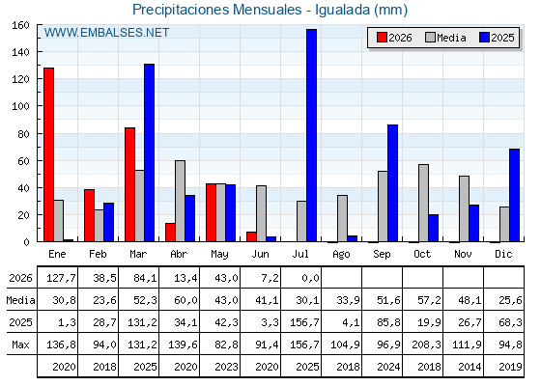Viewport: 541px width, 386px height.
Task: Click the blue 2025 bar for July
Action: [311, 135]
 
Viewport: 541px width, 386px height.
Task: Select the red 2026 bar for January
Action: [48, 154]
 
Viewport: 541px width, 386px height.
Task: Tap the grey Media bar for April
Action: [180, 201]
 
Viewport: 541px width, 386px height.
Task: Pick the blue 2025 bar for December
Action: [514, 195]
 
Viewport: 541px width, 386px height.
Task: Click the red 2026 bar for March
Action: [129, 184]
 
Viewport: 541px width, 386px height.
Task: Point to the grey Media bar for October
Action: [423, 203]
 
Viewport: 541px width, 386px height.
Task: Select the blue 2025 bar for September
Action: [392, 183]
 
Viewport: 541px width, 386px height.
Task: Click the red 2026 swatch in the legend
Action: [382, 38]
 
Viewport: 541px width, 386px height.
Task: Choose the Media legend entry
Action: [445, 38]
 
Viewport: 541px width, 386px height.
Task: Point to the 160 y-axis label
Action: [21, 25]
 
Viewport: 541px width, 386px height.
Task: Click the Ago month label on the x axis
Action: [341, 255]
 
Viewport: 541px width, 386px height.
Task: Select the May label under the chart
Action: [219, 255]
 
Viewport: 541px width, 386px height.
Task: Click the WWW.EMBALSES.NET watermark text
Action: [106, 33]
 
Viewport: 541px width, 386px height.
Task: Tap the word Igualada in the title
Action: [342, 10]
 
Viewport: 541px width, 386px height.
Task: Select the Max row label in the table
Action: [20, 345]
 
